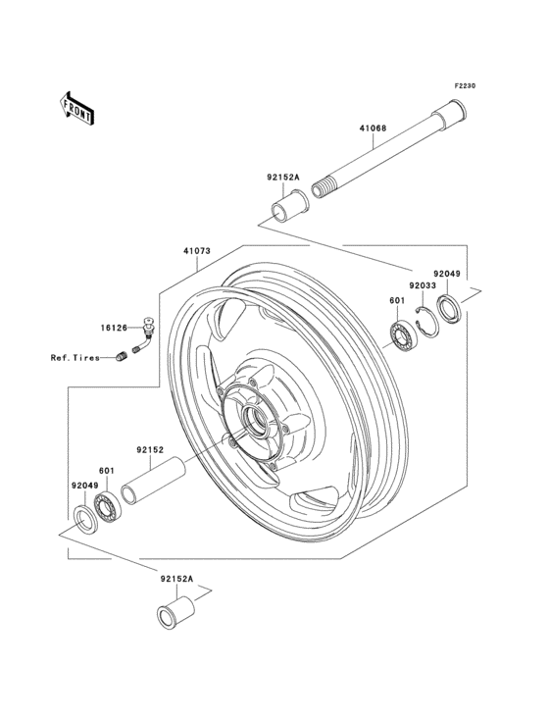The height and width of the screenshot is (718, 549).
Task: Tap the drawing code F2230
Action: (x=464, y=86)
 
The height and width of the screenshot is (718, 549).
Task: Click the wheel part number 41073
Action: (x=196, y=252)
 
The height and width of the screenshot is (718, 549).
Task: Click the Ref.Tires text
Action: (x=77, y=357)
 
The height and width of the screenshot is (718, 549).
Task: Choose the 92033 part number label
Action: (x=423, y=284)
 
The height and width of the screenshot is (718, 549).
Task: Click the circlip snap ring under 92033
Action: (x=426, y=321)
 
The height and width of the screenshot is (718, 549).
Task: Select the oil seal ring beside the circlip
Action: (x=449, y=309)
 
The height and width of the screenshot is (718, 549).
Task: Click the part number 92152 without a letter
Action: (x=149, y=449)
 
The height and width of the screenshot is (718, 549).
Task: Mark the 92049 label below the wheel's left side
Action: (x=83, y=485)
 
